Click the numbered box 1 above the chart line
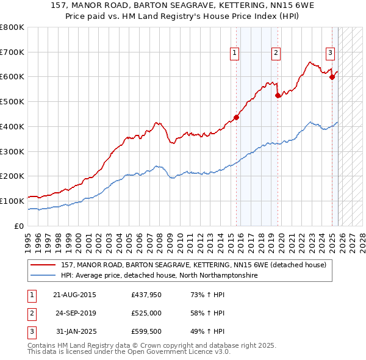coord(234,54)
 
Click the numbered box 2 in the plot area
coord(276,54)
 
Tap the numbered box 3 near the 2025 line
coord(329,54)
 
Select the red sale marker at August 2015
coord(236,118)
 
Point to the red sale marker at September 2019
coord(278,95)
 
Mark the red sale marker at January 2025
coord(332,77)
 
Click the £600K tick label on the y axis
coord(12,77)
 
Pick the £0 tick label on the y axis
coord(20,226)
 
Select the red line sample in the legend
coord(44,265)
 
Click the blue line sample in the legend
coord(44,276)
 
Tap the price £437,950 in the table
coord(145,295)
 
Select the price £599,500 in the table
coord(145,331)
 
